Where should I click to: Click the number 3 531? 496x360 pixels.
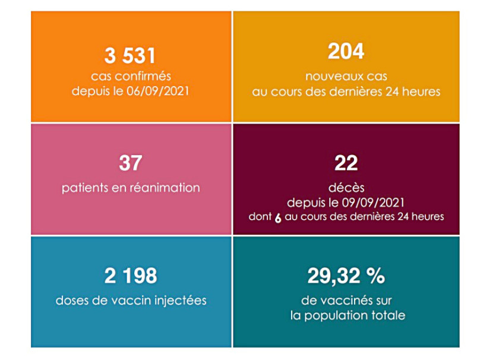130,56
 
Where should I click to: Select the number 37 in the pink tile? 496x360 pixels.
130,162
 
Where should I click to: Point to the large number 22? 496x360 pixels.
346,162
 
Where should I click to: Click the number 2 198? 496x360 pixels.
130,276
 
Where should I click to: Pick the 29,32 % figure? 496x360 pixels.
346,276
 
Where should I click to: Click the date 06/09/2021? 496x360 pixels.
162,91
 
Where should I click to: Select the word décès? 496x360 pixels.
346,186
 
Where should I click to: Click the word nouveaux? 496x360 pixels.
330,77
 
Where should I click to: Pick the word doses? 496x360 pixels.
73,301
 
